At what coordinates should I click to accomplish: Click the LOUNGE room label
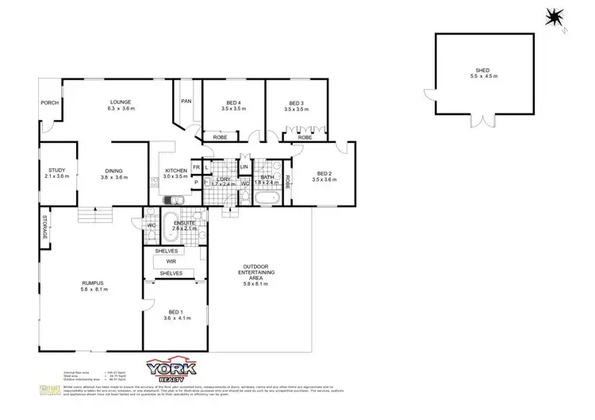pos(121,102)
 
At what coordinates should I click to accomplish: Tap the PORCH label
pos(49,102)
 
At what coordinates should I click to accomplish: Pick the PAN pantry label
pos(187,102)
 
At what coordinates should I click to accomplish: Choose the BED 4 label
pos(233,102)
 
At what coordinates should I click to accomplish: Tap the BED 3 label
pos(297,102)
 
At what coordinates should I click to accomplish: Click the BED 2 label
pos(324,173)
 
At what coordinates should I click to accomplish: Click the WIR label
pos(171,261)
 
